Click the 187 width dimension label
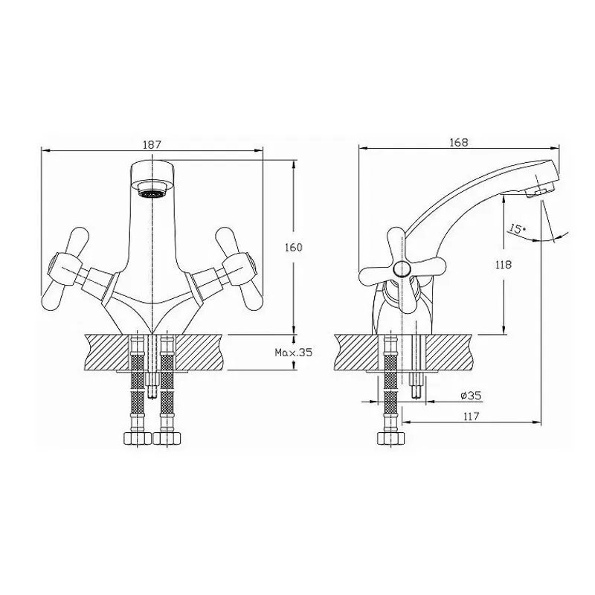coord(152,144)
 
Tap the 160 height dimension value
coord(294,248)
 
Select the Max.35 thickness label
coord(294,352)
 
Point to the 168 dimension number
coord(459,142)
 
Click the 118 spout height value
coord(504,265)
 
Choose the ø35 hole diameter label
coord(471,396)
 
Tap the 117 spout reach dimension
coord(471,416)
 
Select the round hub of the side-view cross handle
coord(402,268)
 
